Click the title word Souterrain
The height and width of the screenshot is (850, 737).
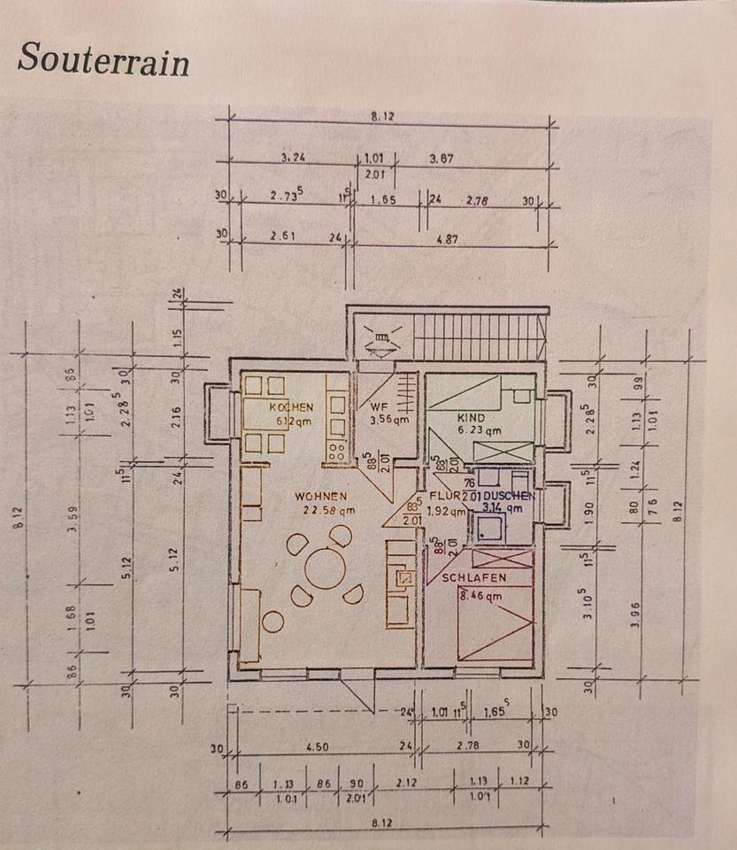103,59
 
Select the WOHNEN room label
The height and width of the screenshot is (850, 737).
321,497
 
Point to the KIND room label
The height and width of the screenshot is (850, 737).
472,416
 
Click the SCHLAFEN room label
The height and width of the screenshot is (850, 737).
474,577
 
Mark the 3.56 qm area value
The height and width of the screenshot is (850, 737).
388,420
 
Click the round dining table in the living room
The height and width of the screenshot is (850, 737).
325,568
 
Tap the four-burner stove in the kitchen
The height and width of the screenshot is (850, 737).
337,452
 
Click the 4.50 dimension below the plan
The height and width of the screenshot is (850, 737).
317,747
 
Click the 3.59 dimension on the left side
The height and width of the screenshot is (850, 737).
76,512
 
